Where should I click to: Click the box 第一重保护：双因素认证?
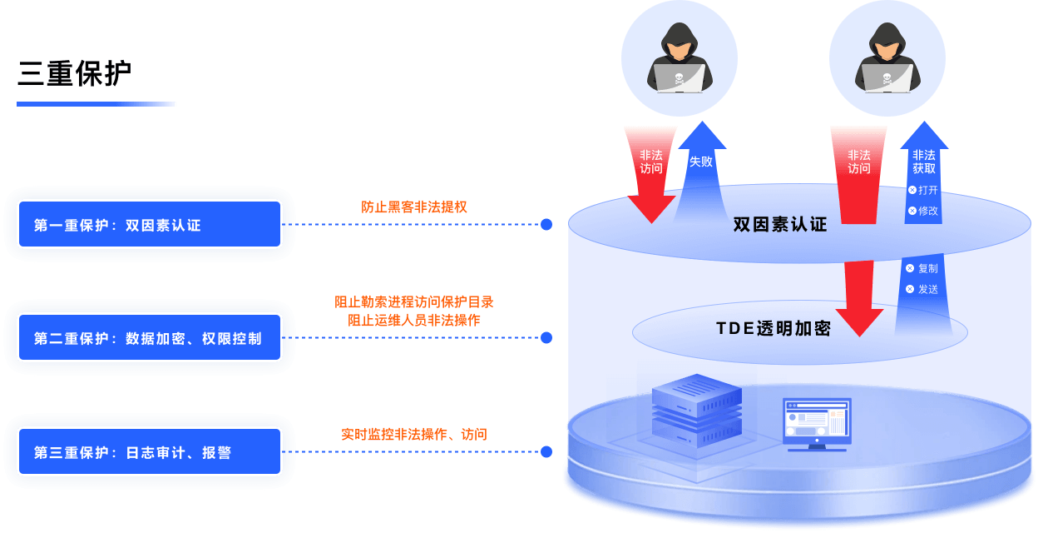[x=151, y=225]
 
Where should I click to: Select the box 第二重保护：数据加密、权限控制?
[x=151, y=338]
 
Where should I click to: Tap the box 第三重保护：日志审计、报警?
[x=151, y=452]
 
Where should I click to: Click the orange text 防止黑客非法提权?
[x=414, y=207]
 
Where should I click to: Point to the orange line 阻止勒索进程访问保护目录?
[x=414, y=301]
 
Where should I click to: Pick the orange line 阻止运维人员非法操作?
[x=414, y=320]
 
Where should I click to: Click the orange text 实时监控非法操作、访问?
[x=414, y=434]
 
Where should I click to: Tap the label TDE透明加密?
[x=774, y=328]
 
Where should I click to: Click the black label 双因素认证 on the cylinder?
[x=780, y=225]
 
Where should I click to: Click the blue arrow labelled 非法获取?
[x=923, y=158]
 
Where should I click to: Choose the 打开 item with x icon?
[x=923, y=190]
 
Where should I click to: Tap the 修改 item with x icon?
[x=923, y=211]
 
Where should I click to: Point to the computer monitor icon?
[x=816, y=423]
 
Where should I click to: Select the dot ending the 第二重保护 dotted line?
[x=546, y=338]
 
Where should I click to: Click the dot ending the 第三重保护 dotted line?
[x=546, y=452]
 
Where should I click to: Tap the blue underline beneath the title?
[x=96, y=104]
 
